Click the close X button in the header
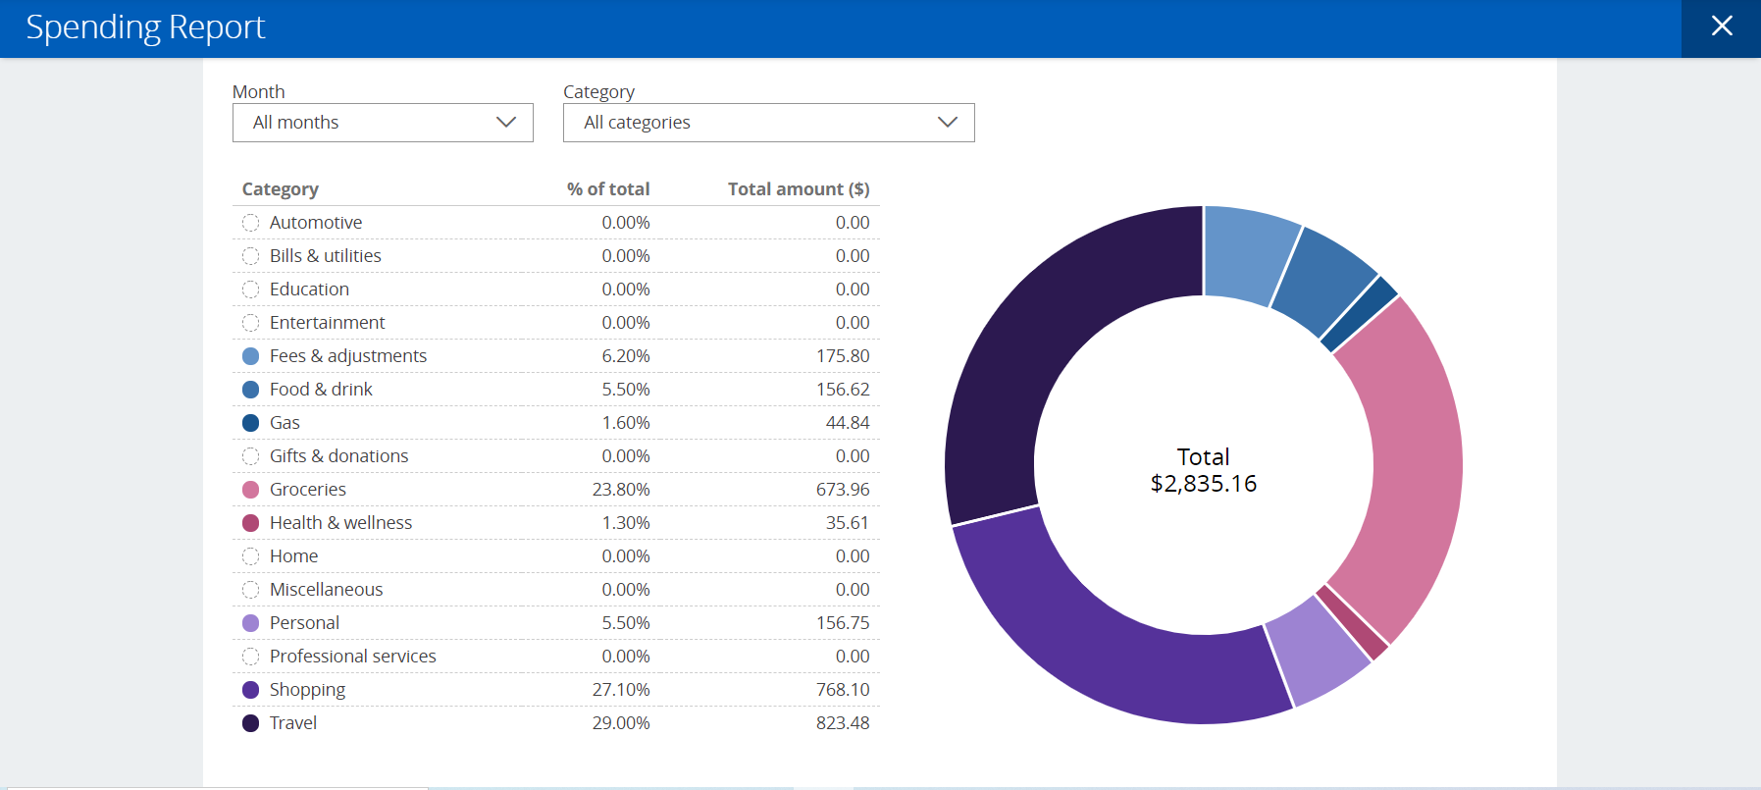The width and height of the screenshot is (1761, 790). pos(1722,26)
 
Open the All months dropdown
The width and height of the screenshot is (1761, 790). pos(383,123)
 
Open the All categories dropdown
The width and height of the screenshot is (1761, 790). pos(768,123)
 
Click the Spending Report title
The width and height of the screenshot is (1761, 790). pos(145,27)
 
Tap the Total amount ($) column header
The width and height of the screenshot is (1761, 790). pos(798,189)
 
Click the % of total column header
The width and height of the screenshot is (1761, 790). pos(608,189)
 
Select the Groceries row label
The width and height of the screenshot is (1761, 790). pos(307,490)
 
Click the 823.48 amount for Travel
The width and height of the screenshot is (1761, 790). pos(842,723)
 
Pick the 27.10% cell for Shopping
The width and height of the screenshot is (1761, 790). pos(620,690)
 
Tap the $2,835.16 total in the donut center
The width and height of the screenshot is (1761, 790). pos(1203,484)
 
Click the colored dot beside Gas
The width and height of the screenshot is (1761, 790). pos(250,423)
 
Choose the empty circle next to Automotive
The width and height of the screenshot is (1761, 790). pos(250,223)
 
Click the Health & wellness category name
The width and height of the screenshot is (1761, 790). pos(340,523)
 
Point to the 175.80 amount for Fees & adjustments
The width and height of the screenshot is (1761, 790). pos(842,356)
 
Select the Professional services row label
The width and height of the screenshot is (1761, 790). pos(352,657)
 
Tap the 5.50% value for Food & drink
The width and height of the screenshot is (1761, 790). pos(625,390)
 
